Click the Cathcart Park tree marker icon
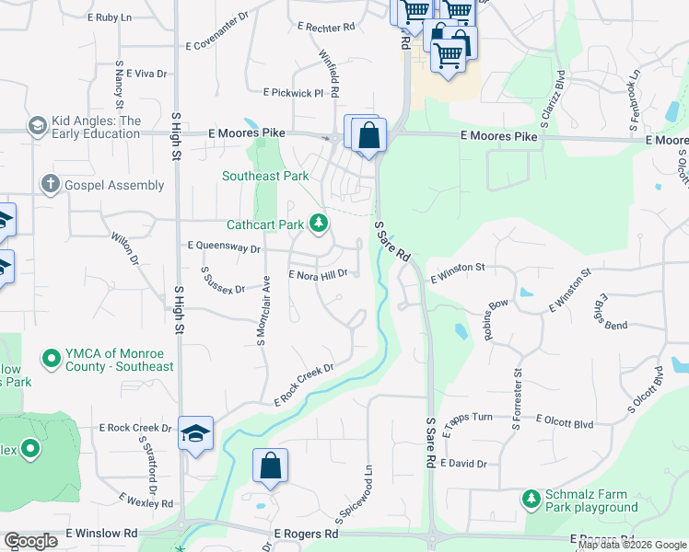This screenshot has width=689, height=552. click(x=319, y=224)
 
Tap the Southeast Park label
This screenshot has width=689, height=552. click(x=264, y=176)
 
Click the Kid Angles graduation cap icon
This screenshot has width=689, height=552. click(x=38, y=125)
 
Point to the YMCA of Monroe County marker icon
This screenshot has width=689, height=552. click(x=52, y=356)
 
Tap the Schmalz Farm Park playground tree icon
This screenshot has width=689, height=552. click(x=531, y=499)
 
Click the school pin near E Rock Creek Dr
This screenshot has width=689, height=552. click(x=196, y=433)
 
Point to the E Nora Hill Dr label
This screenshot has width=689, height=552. click(x=318, y=274)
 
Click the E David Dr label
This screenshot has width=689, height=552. click(x=463, y=464)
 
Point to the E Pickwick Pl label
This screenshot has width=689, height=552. click(x=293, y=93)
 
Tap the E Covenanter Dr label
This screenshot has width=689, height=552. click(x=216, y=43)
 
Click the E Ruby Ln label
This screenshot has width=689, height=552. click(x=110, y=17)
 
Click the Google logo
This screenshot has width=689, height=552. click(x=30, y=541)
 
